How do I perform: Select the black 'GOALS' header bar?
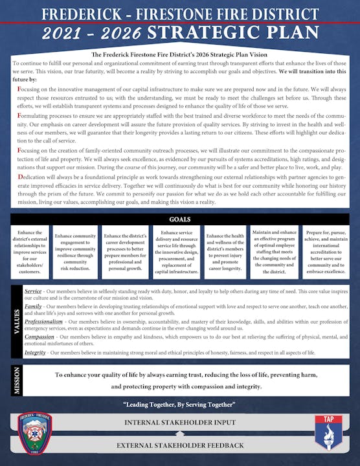[180, 219]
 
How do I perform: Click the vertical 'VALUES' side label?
[16, 321]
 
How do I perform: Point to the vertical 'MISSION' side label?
[16, 380]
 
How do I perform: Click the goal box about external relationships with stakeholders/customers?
[29, 250]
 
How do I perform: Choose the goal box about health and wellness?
[224, 250]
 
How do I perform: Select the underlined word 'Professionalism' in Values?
[47, 321]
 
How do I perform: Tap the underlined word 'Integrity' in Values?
[35, 353]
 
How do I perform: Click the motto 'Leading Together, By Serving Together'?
[180, 405]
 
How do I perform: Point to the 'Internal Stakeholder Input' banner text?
[179, 423]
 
